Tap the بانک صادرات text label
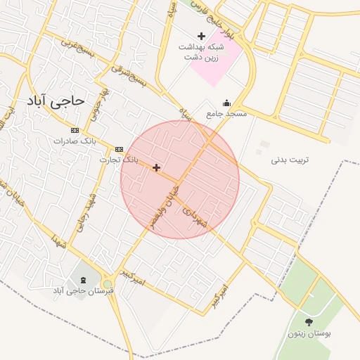pyautogui.click(x=75, y=141)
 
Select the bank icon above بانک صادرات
pyautogui.click(x=75, y=130)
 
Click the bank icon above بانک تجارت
pyautogui.click(x=119, y=149)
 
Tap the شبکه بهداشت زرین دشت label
pyautogui.click(x=201, y=51)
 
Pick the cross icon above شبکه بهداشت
pyautogui.click(x=201, y=36)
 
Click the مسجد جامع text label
pyautogui.click(x=226, y=113)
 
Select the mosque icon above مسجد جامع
pyautogui.click(x=226, y=103)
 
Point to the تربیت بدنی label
pyautogui.click(x=290, y=160)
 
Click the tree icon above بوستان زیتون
pyautogui.click(x=309, y=321)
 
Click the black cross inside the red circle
pyautogui.click(x=156, y=167)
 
